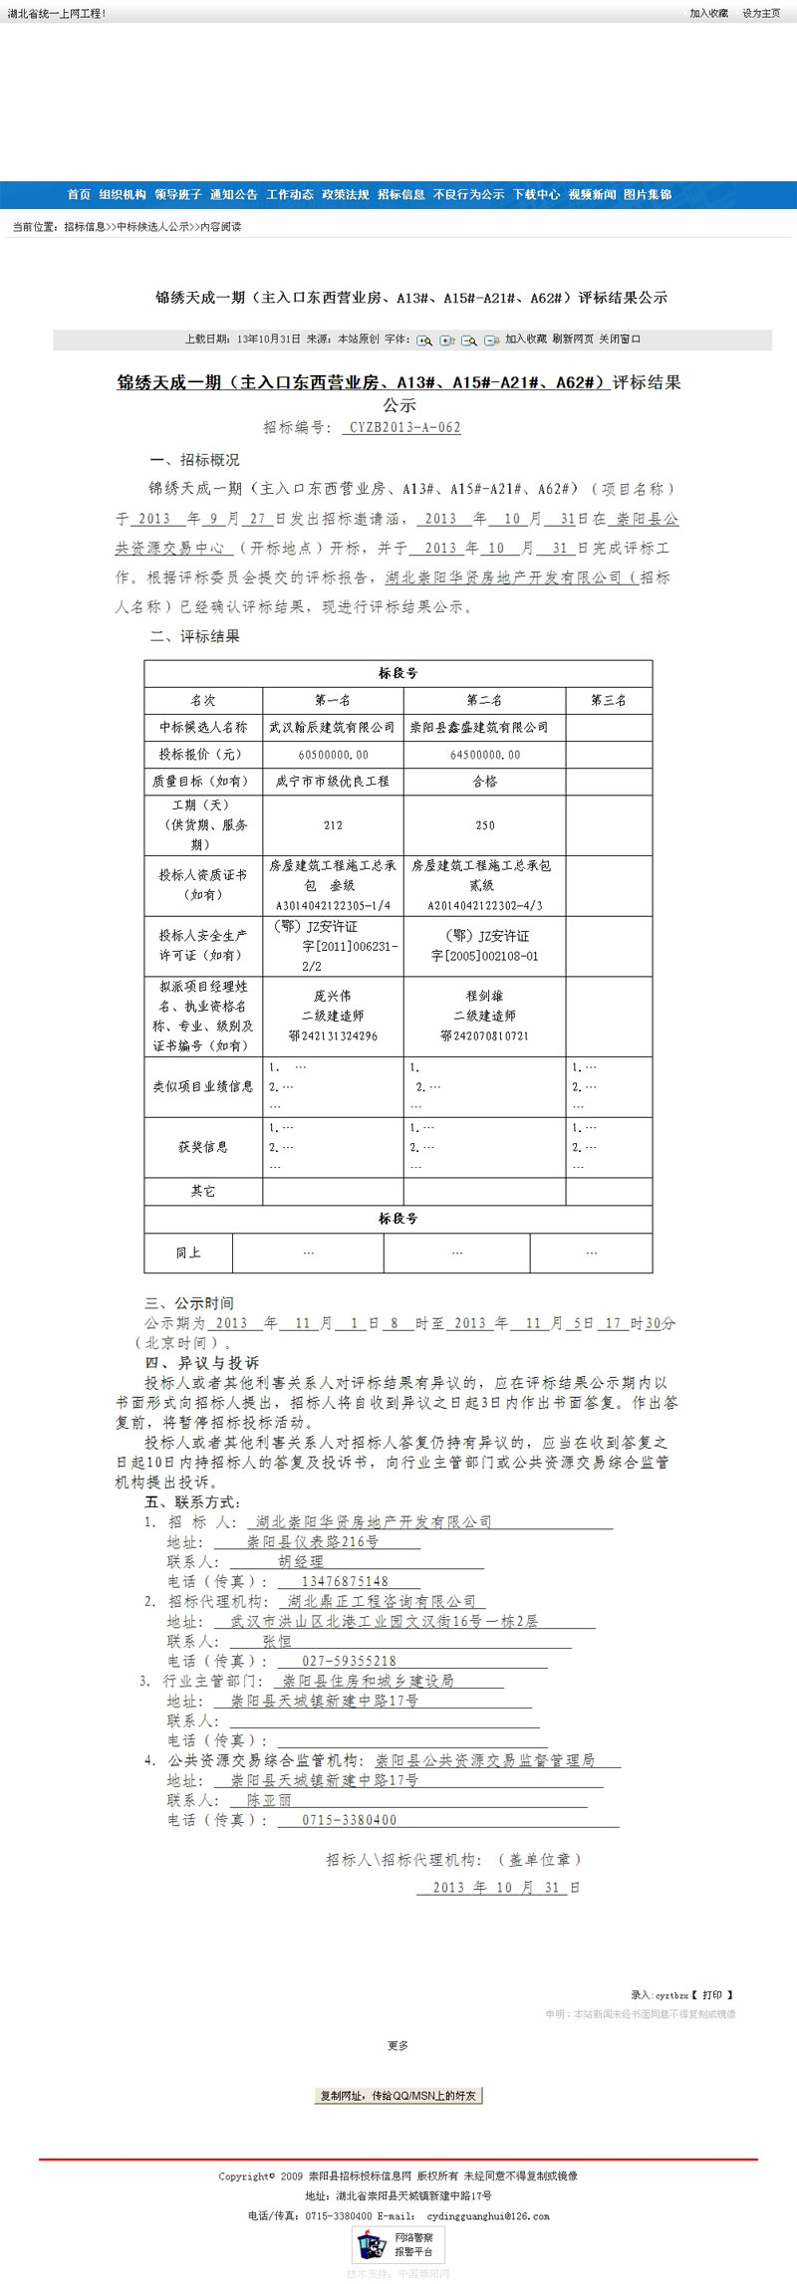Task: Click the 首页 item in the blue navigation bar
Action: tap(79, 195)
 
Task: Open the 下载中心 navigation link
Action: tap(536, 195)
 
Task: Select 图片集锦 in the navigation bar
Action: tap(648, 195)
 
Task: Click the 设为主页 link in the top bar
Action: tap(761, 14)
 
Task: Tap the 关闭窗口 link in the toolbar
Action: tap(620, 340)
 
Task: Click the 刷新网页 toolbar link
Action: tap(573, 340)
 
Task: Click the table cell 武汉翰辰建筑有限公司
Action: tap(333, 728)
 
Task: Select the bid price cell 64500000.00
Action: tap(485, 755)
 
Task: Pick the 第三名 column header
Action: tap(609, 701)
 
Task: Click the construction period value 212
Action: tap(333, 825)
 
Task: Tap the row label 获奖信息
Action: tap(203, 1147)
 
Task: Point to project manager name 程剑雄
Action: tap(485, 996)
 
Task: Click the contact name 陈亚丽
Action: tap(269, 1800)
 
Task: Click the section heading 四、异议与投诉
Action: tap(201, 1363)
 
